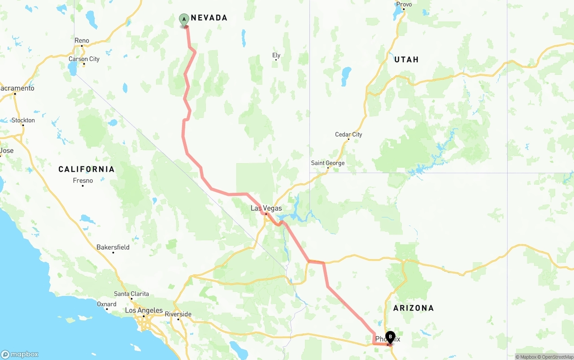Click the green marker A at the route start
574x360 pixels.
184,19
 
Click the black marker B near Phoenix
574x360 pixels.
390,336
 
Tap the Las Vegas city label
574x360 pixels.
266,208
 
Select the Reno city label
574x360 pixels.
82,41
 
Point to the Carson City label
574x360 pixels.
84,59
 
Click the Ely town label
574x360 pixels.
276,56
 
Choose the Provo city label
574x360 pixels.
404,4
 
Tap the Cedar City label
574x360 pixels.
348,134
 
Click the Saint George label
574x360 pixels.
328,163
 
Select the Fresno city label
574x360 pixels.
83,181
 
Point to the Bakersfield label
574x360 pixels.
113,247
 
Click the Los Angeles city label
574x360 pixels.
143,311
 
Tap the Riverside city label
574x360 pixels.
178,314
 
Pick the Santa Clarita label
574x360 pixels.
131,294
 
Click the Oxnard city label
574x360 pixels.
107,304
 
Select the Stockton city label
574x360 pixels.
23,120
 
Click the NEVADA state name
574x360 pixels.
209,18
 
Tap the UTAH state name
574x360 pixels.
406,60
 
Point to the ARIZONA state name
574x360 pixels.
413,308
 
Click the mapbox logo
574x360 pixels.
20,354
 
